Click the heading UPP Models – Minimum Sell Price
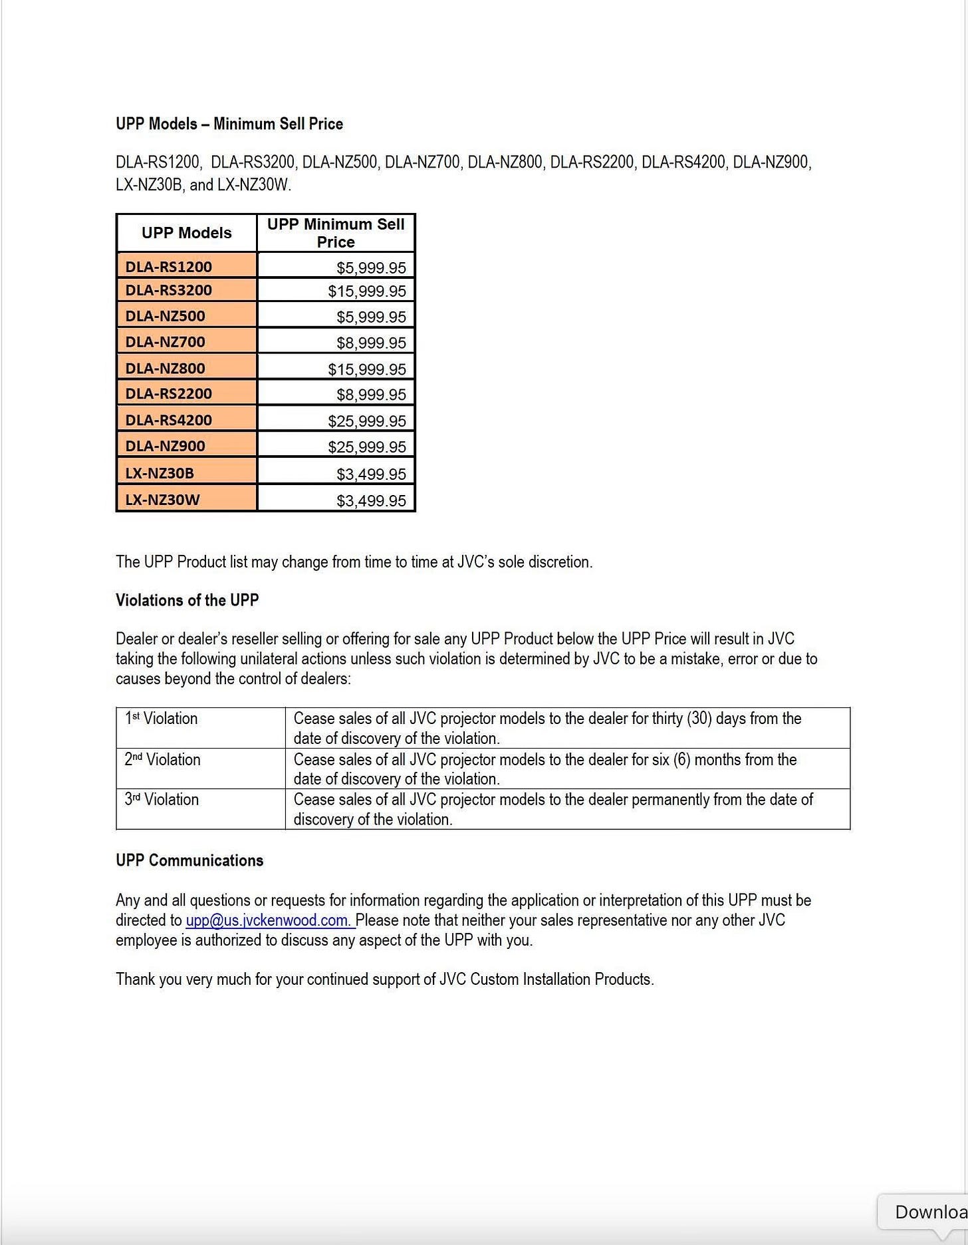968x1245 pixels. pos(229,124)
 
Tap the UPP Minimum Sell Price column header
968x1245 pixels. pos(336,233)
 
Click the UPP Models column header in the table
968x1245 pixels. pos(187,233)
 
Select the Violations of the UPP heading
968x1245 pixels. pos(187,600)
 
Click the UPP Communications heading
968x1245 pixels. pos(189,860)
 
